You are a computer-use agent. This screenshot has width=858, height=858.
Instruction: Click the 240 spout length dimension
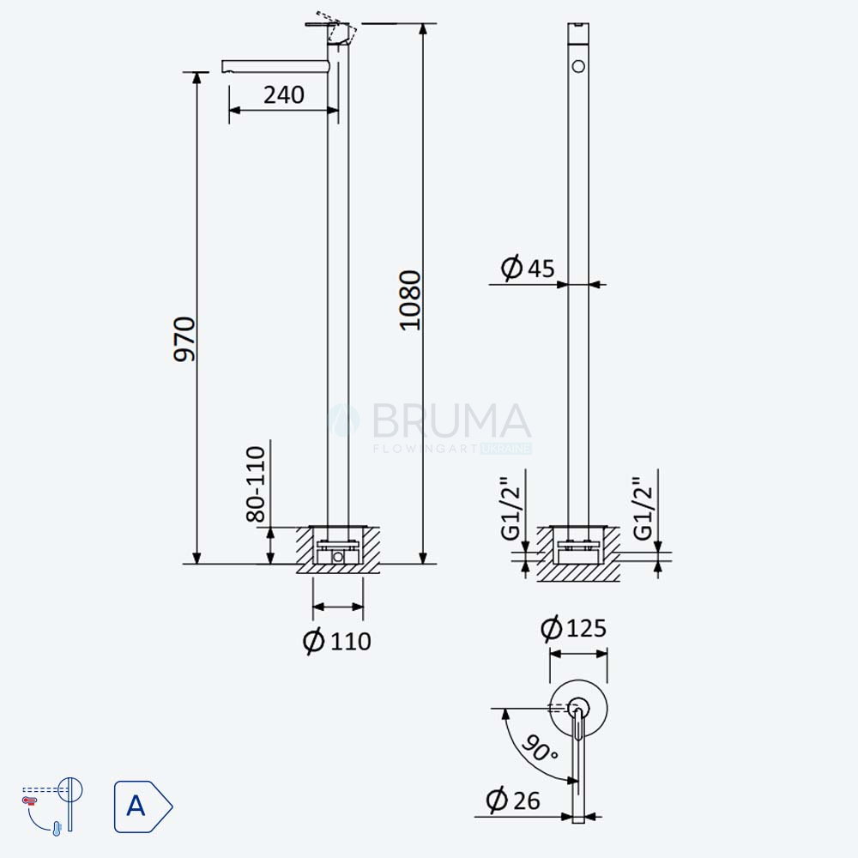[283, 94]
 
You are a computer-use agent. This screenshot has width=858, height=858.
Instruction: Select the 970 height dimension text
[184, 339]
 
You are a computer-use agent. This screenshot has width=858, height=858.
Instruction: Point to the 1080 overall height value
[410, 300]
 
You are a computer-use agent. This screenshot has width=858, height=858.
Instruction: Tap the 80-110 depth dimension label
[256, 484]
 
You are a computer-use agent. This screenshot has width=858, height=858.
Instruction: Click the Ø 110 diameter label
[337, 641]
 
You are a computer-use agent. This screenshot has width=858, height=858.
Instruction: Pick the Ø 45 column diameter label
[528, 268]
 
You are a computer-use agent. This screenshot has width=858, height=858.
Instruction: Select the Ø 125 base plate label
[573, 628]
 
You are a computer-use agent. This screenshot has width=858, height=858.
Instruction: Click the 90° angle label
[540, 748]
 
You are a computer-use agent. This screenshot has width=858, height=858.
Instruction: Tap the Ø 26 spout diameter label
[513, 800]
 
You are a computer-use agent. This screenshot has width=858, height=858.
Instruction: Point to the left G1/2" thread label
[511, 508]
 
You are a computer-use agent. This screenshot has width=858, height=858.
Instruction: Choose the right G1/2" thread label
[643, 508]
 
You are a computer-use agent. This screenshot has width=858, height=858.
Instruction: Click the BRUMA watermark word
[451, 420]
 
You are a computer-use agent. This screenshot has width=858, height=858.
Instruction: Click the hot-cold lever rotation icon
[52, 806]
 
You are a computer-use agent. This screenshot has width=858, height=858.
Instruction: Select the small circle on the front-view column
[578, 67]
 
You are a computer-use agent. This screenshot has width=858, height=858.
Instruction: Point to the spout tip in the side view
[224, 67]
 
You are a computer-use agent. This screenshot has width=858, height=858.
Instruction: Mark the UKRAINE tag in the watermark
[505, 449]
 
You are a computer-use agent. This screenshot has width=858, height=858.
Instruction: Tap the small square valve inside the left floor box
[338, 557]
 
